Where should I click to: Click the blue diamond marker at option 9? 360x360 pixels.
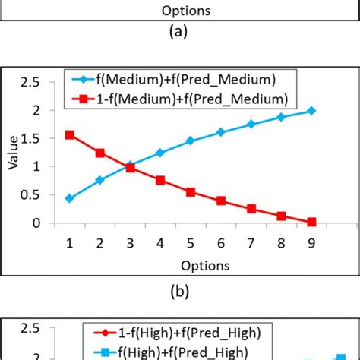[x=311, y=111]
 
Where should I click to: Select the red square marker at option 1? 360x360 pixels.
[x=70, y=134]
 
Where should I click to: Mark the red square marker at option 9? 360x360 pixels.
[x=311, y=222]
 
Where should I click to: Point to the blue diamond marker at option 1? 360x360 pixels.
[x=70, y=198]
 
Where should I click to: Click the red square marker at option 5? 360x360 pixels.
[x=191, y=192]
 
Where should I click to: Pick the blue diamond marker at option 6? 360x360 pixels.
[x=220, y=132]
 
